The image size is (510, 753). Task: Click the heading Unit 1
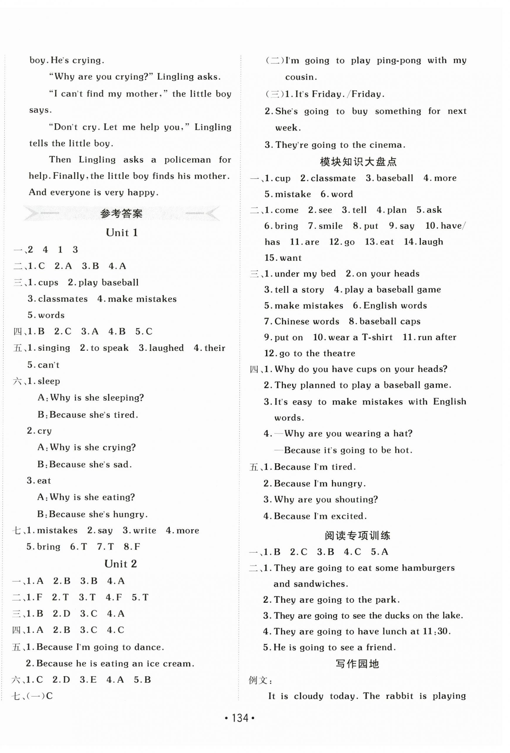[122, 233]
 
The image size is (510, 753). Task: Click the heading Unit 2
[121, 564]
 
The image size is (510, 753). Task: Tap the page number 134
[240, 718]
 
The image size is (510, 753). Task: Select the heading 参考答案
[121, 214]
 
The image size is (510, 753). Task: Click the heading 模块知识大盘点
[358, 162]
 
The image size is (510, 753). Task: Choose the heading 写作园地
[357, 664]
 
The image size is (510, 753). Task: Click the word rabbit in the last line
[399, 696]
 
